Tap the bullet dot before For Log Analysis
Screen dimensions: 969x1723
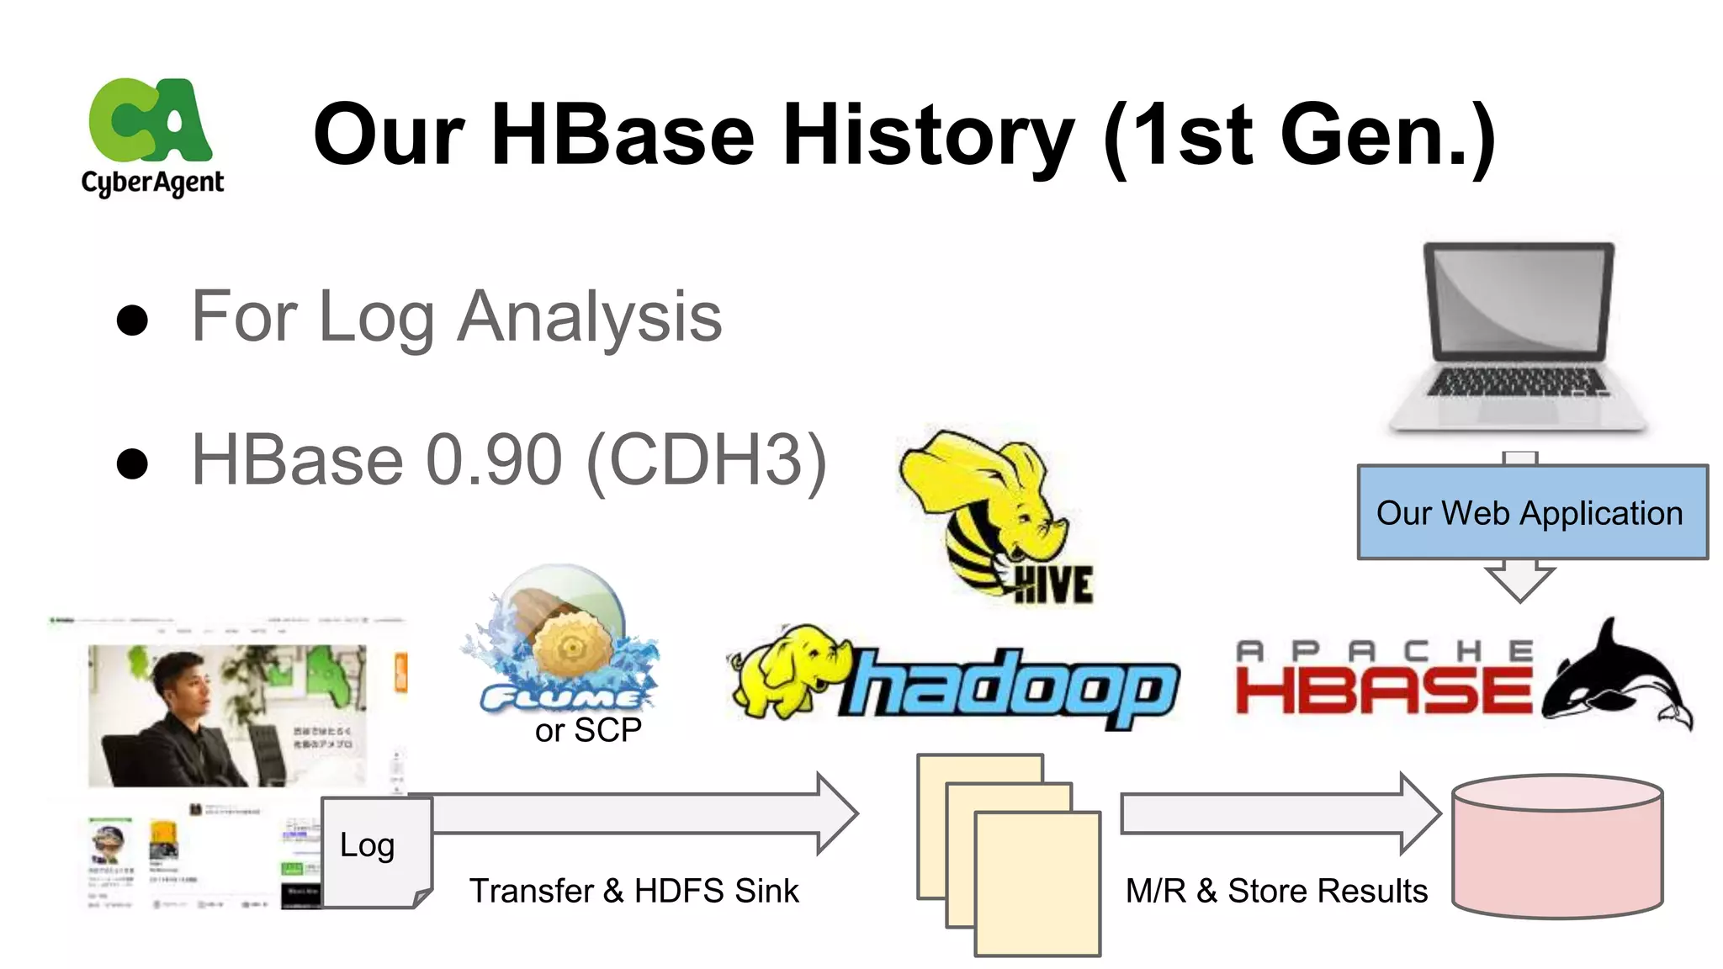pyautogui.click(x=133, y=320)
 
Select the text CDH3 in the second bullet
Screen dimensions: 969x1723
pyautogui.click(x=707, y=459)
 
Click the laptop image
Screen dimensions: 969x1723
pyautogui.click(x=1518, y=336)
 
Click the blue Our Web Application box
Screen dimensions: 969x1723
pyautogui.click(x=1531, y=512)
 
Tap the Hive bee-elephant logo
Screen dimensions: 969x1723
pyautogui.click(x=993, y=513)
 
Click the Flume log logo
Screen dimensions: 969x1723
pyautogui.click(x=564, y=639)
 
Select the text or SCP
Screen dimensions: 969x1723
pyautogui.click(x=588, y=730)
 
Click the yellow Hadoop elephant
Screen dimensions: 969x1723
pyautogui.click(x=787, y=673)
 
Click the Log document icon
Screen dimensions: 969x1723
pyautogui.click(x=375, y=851)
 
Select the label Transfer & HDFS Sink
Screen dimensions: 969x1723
pyautogui.click(x=634, y=891)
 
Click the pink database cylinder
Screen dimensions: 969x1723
pyautogui.click(x=1557, y=845)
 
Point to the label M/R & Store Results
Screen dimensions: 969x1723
pyautogui.click(x=1276, y=891)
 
